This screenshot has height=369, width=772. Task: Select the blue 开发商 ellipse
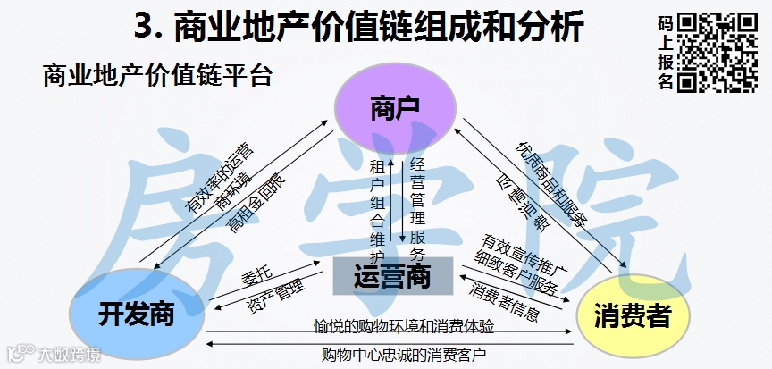135,313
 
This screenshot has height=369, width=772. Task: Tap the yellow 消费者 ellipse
634,315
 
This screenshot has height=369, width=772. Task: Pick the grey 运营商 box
393,276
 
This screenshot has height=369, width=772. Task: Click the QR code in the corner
717,53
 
